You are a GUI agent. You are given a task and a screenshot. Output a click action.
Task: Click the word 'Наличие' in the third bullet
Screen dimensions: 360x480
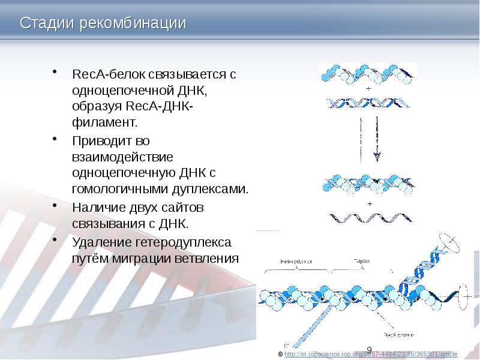coord(98,208)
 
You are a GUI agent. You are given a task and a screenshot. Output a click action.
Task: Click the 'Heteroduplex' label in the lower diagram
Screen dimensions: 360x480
coord(296,262)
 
